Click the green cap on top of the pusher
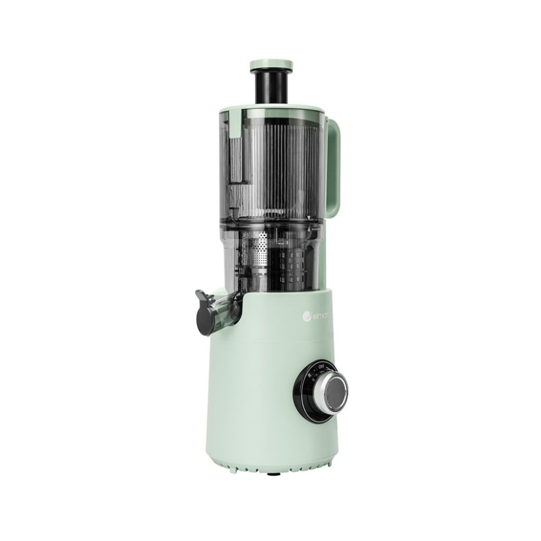pyautogui.click(x=269, y=65)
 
